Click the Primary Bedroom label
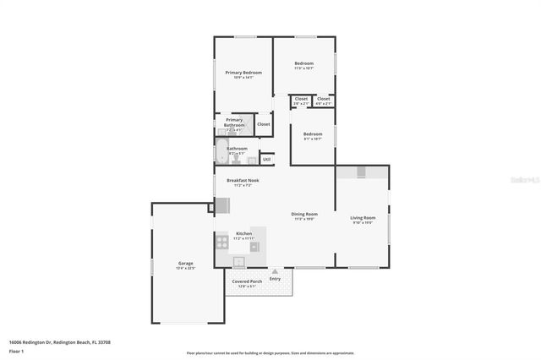point(243,73)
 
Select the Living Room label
point(363,218)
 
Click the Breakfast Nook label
point(243,180)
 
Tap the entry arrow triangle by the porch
point(275,271)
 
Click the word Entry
point(275,279)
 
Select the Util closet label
point(266,159)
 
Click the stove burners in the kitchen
point(221,241)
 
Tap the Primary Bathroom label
point(234,122)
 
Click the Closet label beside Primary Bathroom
point(264,124)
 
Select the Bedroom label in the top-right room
point(303,64)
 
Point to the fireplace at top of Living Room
point(362,172)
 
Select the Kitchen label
point(243,233)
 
